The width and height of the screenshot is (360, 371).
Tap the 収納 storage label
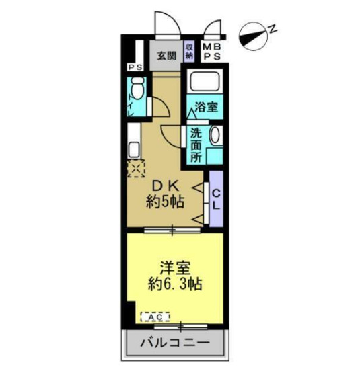(x=190, y=52)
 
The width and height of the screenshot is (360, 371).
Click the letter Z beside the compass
(x=273, y=28)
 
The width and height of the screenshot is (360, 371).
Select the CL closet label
(x=216, y=199)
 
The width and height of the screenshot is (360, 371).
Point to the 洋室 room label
(x=174, y=267)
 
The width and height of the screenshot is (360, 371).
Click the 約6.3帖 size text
(x=174, y=284)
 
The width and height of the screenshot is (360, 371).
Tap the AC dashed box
(x=155, y=315)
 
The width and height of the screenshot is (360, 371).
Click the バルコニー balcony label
(x=174, y=343)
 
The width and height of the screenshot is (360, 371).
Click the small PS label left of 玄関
(x=135, y=67)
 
